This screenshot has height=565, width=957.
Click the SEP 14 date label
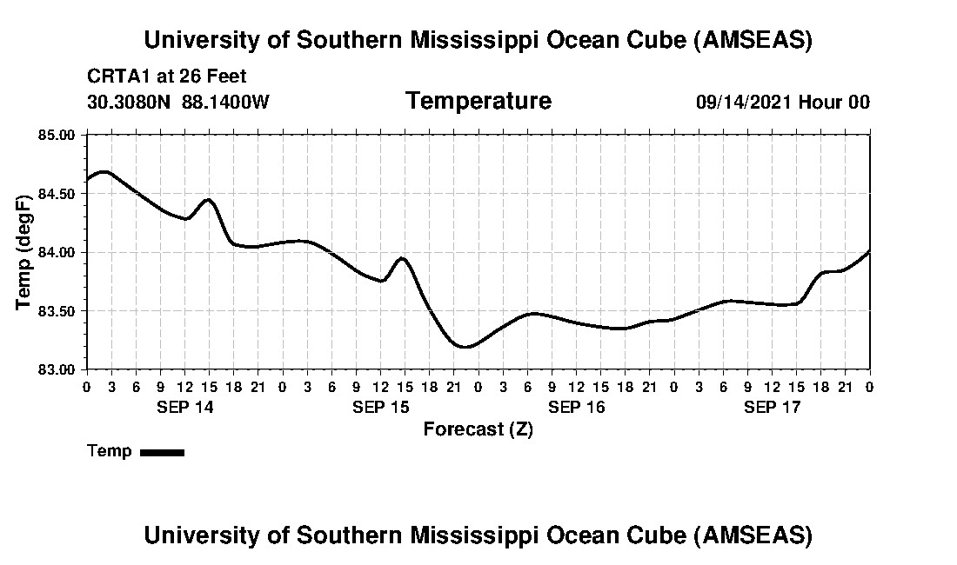tap(184, 407)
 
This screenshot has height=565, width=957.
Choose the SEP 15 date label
tap(380, 407)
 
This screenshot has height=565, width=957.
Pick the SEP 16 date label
tap(576, 407)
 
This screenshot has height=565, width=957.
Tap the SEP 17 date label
tap(772, 407)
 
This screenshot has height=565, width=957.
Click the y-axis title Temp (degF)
tap(24, 252)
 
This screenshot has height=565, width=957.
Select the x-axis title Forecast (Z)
tap(478, 429)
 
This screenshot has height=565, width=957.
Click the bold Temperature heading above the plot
tap(478, 101)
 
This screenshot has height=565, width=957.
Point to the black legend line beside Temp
tap(162, 452)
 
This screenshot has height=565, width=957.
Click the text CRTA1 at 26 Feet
tap(166, 76)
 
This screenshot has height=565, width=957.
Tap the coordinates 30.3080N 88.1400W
tap(177, 102)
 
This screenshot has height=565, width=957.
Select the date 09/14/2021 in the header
tap(743, 102)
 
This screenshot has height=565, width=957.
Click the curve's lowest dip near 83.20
tap(466, 347)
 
